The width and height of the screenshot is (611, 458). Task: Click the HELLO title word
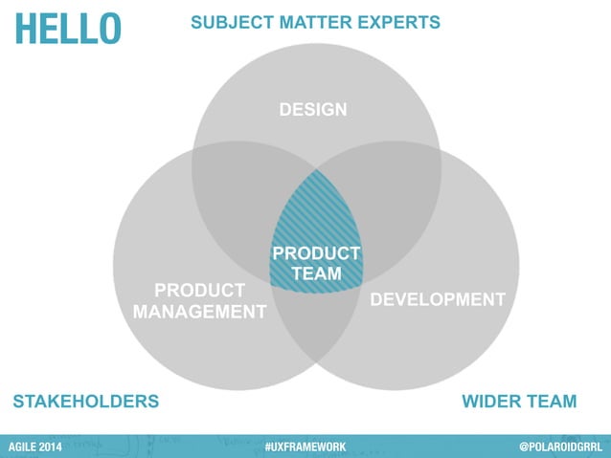click(x=67, y=28)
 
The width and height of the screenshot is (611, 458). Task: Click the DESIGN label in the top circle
click(x=313, y=110)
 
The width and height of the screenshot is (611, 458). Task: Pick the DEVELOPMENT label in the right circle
click(x=438, y=299)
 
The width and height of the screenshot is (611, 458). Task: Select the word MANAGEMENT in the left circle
click(x=199, y=311)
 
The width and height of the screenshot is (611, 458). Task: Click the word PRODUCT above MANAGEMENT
click(x=199, y=289)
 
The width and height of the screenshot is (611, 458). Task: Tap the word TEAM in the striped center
click(x=316, y=273)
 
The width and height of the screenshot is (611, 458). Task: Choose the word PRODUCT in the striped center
click(x=316, y=253)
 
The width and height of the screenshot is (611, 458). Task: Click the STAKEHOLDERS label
click(x=85, y=401)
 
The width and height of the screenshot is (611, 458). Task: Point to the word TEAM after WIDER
click(x=554, y=401)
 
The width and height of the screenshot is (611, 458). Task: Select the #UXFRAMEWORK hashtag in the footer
click(x=305, y=447)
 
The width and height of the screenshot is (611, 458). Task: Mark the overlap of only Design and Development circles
click(x=388, y=201)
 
